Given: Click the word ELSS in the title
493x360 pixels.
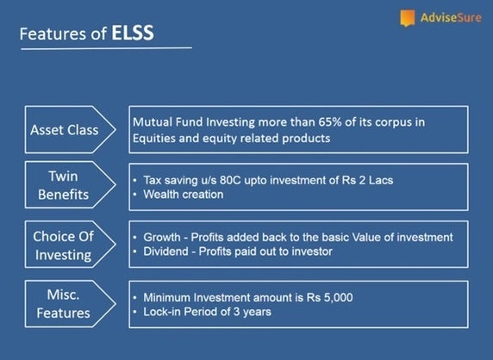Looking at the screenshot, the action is point(133,33).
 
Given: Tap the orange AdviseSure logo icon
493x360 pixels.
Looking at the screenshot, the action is point(407,18).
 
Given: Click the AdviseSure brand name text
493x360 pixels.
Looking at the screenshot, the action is point(451,17).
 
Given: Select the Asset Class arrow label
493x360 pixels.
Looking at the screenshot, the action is point(71,130).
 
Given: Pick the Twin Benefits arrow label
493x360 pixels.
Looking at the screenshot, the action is point(71,185).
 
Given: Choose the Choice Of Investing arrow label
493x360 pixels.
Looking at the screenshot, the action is point(71,245).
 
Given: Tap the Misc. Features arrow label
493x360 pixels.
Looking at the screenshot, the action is point(71,304).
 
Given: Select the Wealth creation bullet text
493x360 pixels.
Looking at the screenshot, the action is point(184,195).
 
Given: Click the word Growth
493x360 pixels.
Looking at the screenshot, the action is point(162,237).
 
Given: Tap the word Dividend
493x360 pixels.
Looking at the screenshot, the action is point(165,251).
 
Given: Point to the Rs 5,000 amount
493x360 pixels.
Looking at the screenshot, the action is point(329,297).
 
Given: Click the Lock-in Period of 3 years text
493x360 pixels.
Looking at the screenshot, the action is point(207,312).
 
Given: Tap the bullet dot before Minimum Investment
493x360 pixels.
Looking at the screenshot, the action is point(134,298).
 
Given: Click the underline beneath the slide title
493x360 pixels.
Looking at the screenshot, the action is point(106,48).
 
